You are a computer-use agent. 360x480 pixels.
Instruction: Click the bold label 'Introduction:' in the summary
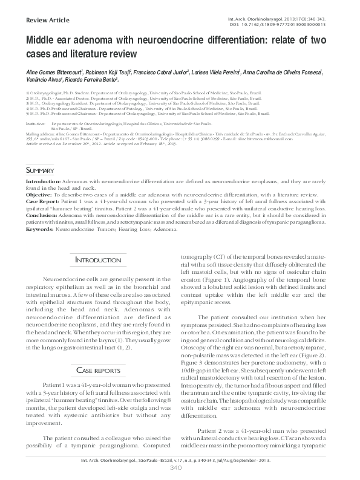coord(41,181)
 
